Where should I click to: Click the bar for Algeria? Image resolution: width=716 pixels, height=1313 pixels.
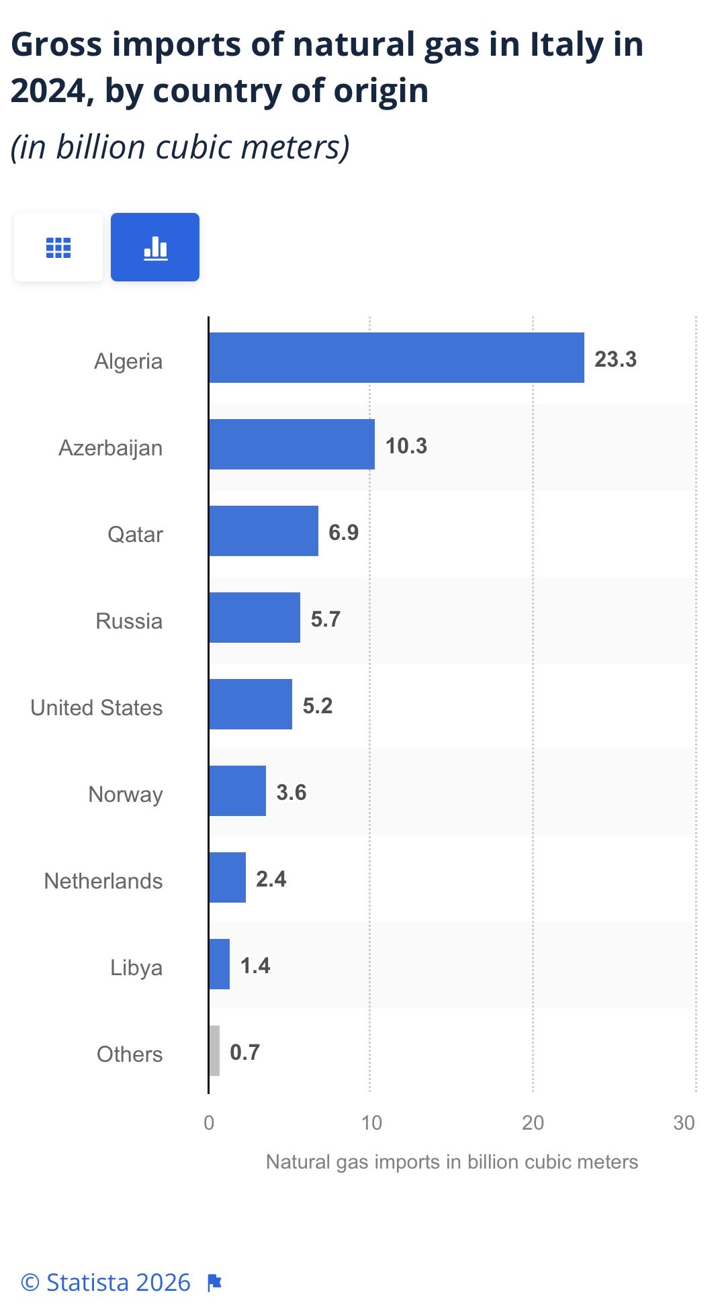(396, 358)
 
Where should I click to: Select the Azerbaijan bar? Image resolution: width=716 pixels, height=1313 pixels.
(292, 445)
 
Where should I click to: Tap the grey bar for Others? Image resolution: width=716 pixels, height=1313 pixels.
(214, 1050)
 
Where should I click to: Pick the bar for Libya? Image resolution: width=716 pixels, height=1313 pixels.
(220, 964)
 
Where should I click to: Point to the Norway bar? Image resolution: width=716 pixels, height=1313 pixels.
(238, 791)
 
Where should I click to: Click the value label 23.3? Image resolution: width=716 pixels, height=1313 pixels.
(615, 359)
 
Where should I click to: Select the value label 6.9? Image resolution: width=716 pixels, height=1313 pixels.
(343, 533)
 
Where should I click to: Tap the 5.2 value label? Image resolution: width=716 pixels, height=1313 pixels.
(318, 706)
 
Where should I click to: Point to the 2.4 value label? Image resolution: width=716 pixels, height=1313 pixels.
(271, 879)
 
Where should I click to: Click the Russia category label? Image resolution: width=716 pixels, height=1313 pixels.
(129, 621)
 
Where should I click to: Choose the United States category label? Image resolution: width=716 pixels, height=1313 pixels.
(97, 708)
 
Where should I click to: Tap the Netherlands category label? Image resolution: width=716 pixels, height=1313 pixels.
(103, 881)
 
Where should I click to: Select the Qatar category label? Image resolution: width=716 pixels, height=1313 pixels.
(135, 535)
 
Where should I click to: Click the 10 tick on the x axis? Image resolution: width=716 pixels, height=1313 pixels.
(371, 1123)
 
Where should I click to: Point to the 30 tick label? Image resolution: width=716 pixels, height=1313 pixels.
(684, 1123)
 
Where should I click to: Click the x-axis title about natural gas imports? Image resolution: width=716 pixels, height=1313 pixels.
(452, 1162)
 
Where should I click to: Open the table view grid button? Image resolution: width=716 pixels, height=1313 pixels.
(58, 247)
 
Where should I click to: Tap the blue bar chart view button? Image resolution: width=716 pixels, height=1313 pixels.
(155, 247)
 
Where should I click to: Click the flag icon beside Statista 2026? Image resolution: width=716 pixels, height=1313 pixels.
(214, 1283)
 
